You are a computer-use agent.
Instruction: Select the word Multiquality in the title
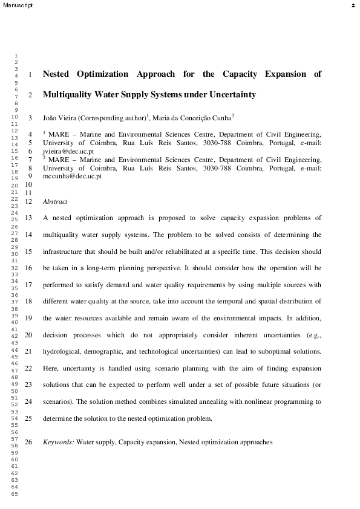click(67, 95)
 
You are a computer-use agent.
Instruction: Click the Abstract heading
click(55, 201)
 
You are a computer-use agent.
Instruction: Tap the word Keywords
click(58, 443)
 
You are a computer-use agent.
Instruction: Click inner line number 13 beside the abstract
click(28, 218)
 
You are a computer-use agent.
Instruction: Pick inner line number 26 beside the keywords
click(28, 443)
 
